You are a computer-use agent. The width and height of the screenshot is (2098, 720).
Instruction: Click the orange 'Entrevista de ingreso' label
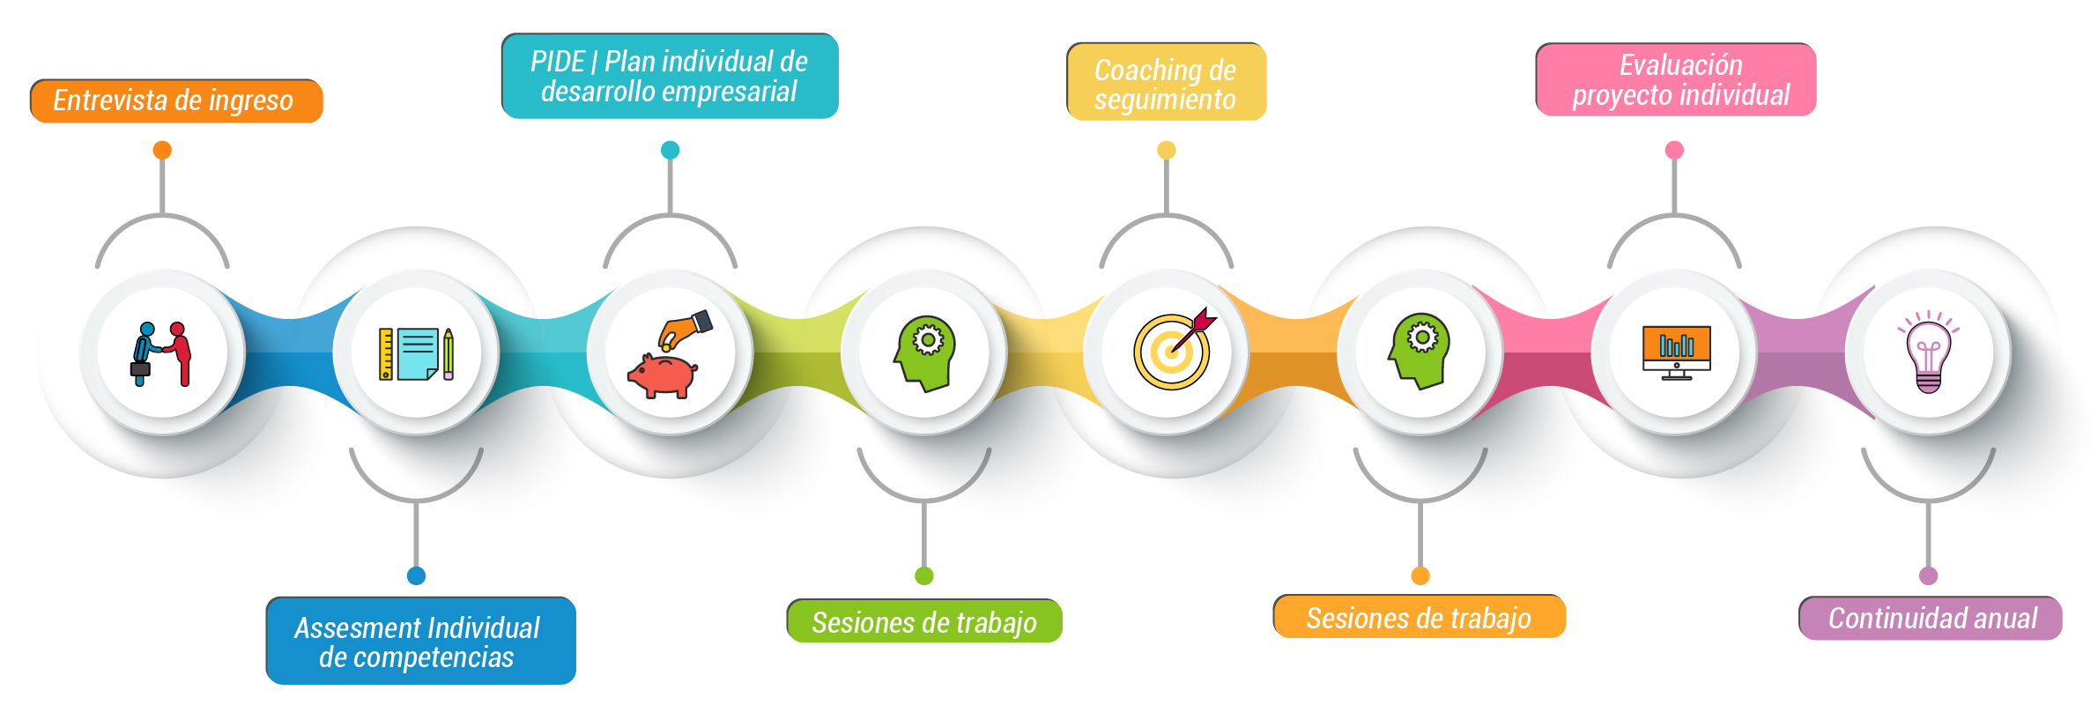176,100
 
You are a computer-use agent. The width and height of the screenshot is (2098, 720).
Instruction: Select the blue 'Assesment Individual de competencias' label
420,641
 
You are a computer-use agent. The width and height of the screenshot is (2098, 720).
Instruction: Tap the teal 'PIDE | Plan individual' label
670,76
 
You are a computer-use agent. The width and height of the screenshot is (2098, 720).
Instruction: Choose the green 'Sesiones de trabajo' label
923,621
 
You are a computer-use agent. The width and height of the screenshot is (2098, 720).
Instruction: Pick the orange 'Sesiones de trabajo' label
1419,617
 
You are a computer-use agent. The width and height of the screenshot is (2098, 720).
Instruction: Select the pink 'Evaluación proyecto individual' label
1675,79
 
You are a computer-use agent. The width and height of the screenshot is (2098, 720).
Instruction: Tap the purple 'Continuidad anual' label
1930,618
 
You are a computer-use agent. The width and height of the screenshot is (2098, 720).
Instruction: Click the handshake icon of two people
162,353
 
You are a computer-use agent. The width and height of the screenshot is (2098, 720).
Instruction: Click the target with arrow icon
1173,351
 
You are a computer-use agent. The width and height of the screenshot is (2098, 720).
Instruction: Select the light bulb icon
1928,353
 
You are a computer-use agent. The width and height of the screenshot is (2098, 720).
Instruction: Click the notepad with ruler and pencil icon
417,353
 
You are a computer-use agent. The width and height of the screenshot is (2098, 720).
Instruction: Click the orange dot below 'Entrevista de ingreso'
162,150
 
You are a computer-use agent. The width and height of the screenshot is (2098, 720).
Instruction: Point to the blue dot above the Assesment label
417,575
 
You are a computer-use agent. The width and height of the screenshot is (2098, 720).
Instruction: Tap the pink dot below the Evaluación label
1674,150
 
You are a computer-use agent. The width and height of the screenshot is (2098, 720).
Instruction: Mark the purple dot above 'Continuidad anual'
1928,575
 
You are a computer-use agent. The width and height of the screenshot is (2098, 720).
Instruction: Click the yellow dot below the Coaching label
1166,150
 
